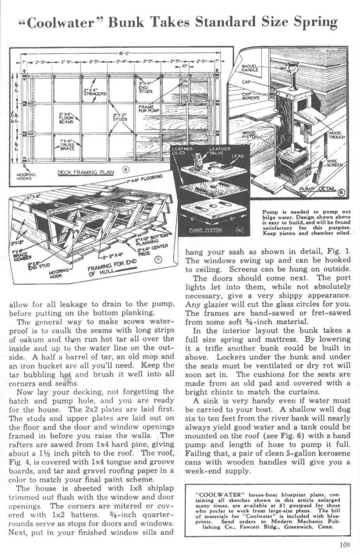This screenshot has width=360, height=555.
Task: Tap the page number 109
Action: [x=345, y=546]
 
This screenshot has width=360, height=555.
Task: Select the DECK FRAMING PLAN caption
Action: [x=86, y=172]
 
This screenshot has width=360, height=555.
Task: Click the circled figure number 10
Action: [x=239, y=230]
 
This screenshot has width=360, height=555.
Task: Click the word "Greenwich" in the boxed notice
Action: [x=299, y=527]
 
